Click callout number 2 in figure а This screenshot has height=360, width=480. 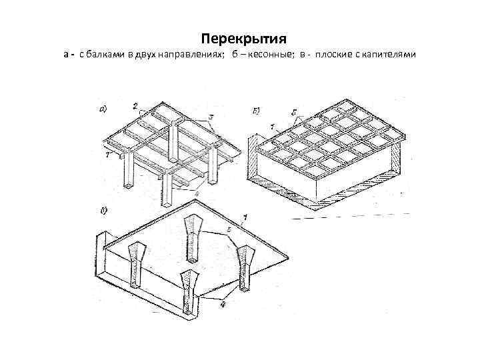135,106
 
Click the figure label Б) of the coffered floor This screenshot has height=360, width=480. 255,109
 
